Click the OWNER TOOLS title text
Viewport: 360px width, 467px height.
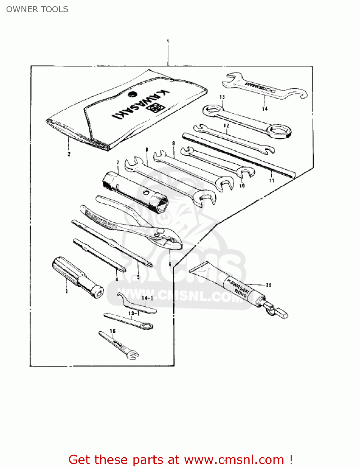(37, 9)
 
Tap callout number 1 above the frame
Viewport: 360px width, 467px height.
(168, 41)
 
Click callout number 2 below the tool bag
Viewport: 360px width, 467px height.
(69, 154)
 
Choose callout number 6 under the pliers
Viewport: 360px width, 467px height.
(170, 264)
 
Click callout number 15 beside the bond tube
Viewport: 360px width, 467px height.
(269, 285)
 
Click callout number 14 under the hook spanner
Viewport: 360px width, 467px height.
(264, 109)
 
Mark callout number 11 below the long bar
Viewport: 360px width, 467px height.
(272, 180)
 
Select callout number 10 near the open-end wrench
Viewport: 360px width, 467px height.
(242, 186)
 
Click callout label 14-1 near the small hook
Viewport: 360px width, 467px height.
(147, 298)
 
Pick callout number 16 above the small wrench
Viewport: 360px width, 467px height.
(113, 331)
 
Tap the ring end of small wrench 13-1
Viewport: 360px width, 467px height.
(147, 326)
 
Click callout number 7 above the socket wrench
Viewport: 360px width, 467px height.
(118, 163)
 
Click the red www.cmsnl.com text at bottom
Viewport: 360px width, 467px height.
(234, 460)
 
